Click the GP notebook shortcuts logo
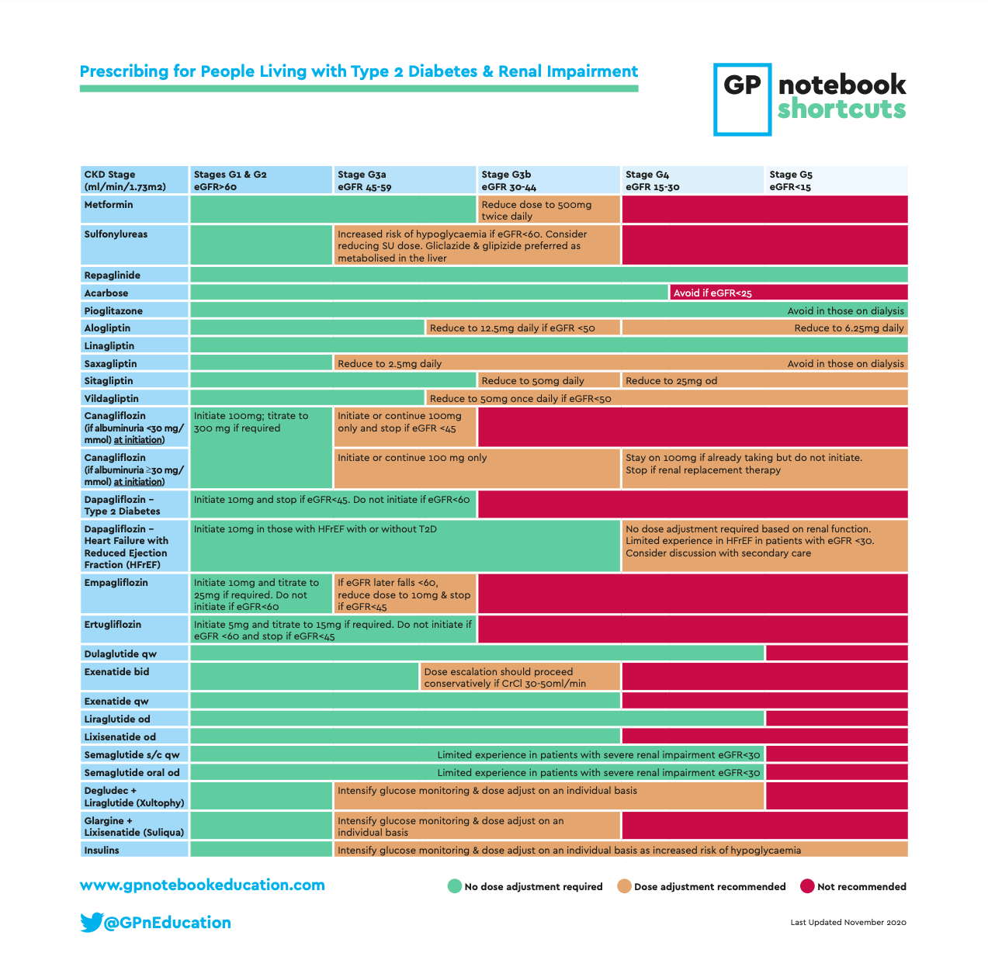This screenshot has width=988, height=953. click(x=809, y=99)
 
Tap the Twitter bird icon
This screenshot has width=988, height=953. click(x=91, y=922)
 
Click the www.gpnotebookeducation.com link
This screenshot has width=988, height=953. click(x=202, y=885)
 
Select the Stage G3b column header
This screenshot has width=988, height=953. click(x=548, y=180)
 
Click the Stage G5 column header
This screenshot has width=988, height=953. click(x=836, y=180)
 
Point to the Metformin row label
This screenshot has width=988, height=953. click(x=109, y=205)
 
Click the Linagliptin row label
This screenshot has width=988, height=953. click(x=109, y=346)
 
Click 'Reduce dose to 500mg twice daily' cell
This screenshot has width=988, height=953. click(x=548, y=210)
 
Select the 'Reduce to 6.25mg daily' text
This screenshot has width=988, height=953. click(x=848, y=328)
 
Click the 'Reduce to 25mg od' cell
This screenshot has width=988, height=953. click(x=671, y=381)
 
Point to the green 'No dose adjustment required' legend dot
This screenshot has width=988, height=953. click(x=455, y=886)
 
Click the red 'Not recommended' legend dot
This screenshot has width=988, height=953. click(x=807, y=886)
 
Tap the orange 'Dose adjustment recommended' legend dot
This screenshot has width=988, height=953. click(x=624, y=886)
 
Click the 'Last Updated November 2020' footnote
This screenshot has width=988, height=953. click(x=848, y=923)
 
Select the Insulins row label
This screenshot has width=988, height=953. click(x=102, y=851)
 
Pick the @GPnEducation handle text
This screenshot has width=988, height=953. click(x=168, y=923)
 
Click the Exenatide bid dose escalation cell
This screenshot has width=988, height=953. click(x=519, y=677)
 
